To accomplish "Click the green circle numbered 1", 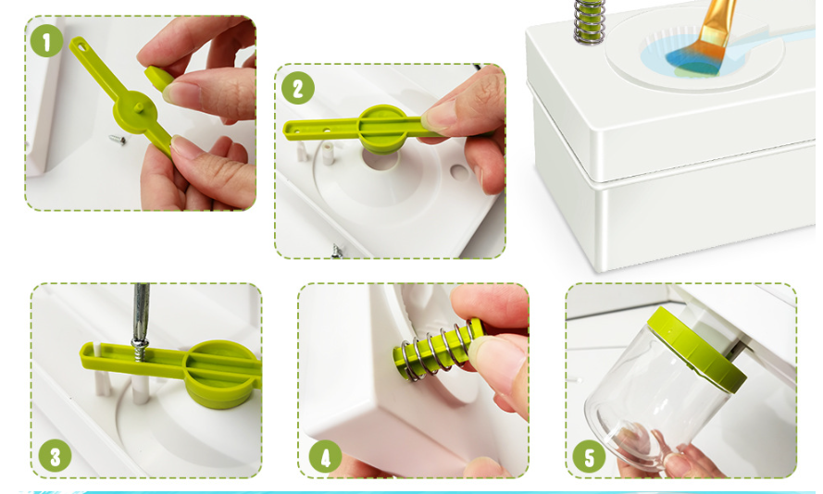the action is (46, 41).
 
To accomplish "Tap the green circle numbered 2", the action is (297, 88).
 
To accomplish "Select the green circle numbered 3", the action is (56, 456).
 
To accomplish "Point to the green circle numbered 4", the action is (325, 456).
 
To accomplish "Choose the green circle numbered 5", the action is (589, 456).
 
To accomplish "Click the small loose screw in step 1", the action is (118, 140).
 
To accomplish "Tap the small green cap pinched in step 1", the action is (158, 78).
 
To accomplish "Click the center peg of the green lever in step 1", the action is (139, 107).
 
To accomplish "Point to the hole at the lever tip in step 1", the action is (81, 47).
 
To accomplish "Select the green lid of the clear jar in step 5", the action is (696, 348).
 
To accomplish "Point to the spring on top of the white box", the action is (589, 21).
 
